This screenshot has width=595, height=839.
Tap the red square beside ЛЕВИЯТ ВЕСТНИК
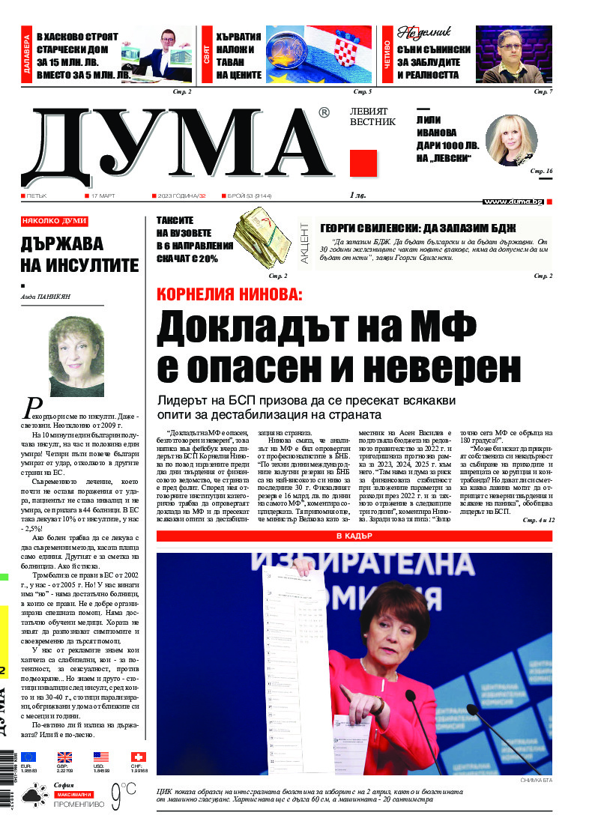click(363, 163)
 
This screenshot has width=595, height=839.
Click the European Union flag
click(28, 757)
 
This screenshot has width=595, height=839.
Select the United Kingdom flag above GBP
click(64, 757)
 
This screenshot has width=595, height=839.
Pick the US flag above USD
click(101, 757)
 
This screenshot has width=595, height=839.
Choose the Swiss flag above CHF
click(139, 757)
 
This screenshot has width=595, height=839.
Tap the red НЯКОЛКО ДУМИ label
click(55, 222)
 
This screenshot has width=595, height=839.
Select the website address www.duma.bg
click(513, 202)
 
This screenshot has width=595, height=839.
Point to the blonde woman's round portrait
click(511, 141)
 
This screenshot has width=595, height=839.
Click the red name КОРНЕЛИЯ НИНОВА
click(229, 294)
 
